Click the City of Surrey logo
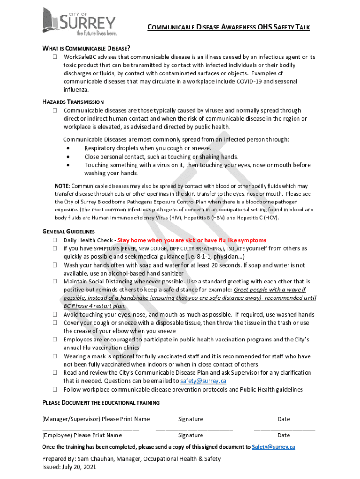tap(79, 22)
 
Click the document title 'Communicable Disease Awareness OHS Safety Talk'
tap(229, 28)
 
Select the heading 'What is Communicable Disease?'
tap(86, 48)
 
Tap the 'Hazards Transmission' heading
tap(73, 102)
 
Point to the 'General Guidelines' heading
tap(69, 232)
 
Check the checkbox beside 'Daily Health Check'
tap(55, 240)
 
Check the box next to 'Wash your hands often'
tap(55, 265)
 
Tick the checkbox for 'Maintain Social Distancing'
tap(55, 282)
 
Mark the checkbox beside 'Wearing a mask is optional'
tap(55, 356)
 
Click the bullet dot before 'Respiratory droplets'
tap(69, 148)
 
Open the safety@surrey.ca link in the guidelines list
tap(203, 381)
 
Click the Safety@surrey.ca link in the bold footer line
tap(274, 447)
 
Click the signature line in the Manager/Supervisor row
tap(194, 412)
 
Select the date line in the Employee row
tap(284, 428)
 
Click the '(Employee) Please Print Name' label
tap(82, 435)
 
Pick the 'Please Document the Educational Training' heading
tap(101, 403)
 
